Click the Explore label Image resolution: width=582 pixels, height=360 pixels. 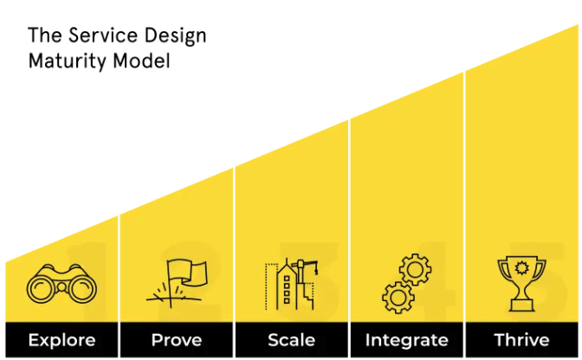61,340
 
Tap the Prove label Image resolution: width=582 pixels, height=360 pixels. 177,340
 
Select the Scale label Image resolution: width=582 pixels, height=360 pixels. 292,340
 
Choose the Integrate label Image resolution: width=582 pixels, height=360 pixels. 407,340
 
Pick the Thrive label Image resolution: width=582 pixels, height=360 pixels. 521,340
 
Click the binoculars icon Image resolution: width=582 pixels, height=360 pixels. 61,284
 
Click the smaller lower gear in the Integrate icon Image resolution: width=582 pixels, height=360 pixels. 398,297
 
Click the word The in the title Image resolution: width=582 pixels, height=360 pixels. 42,36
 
